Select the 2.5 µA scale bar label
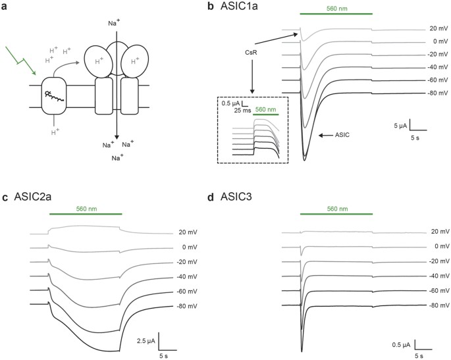coord(144,340)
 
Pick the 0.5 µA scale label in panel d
coord(402,344)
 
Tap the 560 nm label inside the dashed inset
coord(265,110)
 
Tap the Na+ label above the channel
coord(114,23)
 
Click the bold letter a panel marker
coord(6,7)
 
